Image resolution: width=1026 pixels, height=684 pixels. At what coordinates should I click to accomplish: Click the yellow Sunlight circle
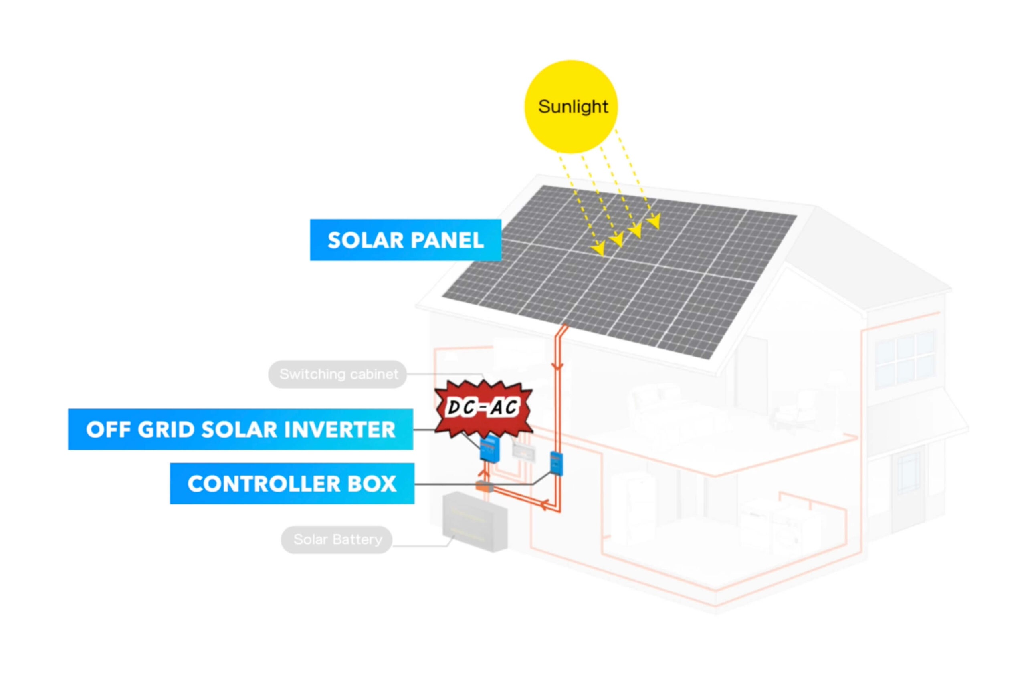[x=571, y=107]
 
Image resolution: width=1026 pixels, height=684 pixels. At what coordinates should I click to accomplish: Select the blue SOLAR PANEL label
[x=406, y=240]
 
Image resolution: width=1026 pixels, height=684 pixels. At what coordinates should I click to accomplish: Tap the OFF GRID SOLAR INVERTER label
[x=240, y=429]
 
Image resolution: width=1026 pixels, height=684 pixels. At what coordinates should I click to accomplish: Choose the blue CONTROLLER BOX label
[x=292, y=483]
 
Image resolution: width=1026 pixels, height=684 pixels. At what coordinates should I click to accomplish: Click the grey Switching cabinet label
[x=337, y=374]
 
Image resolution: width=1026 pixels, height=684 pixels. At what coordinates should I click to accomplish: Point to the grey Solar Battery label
[x=337, y=540]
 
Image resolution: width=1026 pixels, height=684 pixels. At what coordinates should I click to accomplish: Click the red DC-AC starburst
[x=484, y=408]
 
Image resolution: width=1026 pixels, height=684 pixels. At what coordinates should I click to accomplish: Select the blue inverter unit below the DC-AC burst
[x=489, y=449]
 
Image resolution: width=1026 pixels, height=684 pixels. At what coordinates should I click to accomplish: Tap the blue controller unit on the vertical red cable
[x=556, y=463]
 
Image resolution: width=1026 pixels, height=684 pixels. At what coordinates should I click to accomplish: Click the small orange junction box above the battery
[x=483, y=486]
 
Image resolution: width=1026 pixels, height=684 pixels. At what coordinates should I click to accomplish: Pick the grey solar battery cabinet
[x=475, y=522]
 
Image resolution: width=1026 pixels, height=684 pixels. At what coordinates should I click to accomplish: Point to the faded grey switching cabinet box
[x=523, y=452]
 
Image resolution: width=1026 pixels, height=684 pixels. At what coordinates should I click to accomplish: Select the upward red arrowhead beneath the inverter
[x=483, y=473]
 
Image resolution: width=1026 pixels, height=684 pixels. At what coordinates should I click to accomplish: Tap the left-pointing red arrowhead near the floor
[x=544, y=505]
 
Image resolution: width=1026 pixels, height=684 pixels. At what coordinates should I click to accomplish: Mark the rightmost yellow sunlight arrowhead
[x=654, y=221]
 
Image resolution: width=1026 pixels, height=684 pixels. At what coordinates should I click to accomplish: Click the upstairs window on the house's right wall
[x=905, y=359]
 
